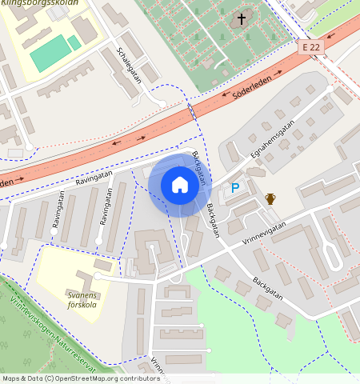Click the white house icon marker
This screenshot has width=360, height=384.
[180, 186]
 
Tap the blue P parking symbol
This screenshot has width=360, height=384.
[234, 188]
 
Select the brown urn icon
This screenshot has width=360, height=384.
[270, 198]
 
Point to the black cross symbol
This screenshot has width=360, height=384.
[242, 18]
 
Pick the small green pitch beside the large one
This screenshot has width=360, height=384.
[74, 42]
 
